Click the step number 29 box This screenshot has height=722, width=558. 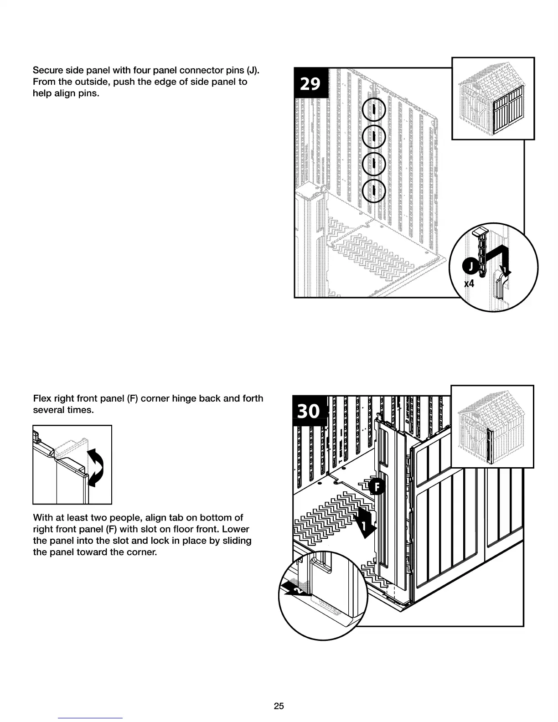coord(311,83)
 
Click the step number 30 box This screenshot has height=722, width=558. coord(309,411)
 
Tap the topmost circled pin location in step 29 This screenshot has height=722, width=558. coord(373,110)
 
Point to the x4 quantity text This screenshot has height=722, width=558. coord(469,284)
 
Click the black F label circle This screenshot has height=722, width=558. coord(377,487)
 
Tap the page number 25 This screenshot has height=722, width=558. coord(279,706)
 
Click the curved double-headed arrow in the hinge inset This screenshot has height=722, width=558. coord(96,467)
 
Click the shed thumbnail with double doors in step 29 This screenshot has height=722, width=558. coord(493,98)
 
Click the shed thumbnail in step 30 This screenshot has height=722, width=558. coord(492,427)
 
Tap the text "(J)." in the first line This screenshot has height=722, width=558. coord(253,71)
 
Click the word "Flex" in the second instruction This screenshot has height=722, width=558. coord(42,398)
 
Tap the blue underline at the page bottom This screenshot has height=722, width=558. coord(90,718)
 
